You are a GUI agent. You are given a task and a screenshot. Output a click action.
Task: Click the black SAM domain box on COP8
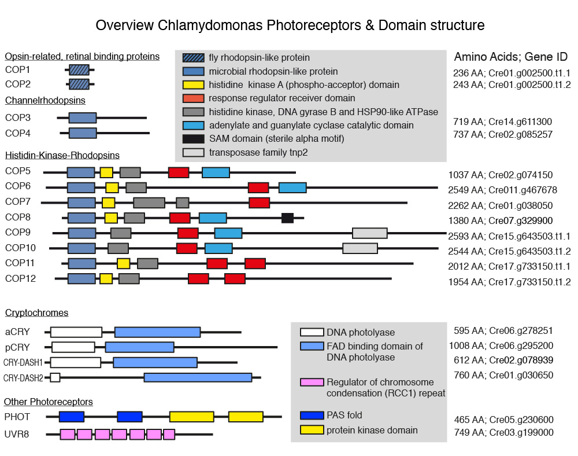pyautogui.click(x=287, y=218)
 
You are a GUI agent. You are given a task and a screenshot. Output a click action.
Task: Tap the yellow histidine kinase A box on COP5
pyautogui.click(x=106, y=172)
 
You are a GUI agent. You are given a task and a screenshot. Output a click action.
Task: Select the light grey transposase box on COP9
pyautogui.click(x=370, y=233)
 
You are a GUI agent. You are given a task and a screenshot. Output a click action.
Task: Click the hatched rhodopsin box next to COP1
pyautogui.click(x=79, y=70)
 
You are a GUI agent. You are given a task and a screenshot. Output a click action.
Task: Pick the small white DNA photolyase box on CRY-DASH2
pyautogui.click(x=55, y=377)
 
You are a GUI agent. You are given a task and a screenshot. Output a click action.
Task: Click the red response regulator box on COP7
pyautogui.click(x=259, y=203)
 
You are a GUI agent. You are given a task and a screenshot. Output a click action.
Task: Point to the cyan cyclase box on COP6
pyautogui.click(x=292, y=187)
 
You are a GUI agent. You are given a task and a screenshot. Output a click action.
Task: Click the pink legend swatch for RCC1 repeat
pyautogui.click(x=311, y=383)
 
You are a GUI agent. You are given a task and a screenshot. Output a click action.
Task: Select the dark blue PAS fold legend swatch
pyautogui.click(x=311, y=415)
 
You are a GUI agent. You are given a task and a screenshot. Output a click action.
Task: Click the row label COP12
pyautogui.click(x=21, y=278)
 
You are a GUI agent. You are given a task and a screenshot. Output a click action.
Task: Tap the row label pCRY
pyautogui.click(x=17, y=347)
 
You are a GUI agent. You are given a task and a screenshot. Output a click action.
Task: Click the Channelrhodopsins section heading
pyautogui.click(x=45, y=100)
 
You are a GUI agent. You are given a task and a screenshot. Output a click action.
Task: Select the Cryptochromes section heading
pyautogui.click(x=36, y=313)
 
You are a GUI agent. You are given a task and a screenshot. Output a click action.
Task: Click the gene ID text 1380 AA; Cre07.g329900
pyautogui.click(x=501, y=220)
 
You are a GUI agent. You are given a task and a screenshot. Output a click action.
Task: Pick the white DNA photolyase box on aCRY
pyautogui.click(x=76, y=332)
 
